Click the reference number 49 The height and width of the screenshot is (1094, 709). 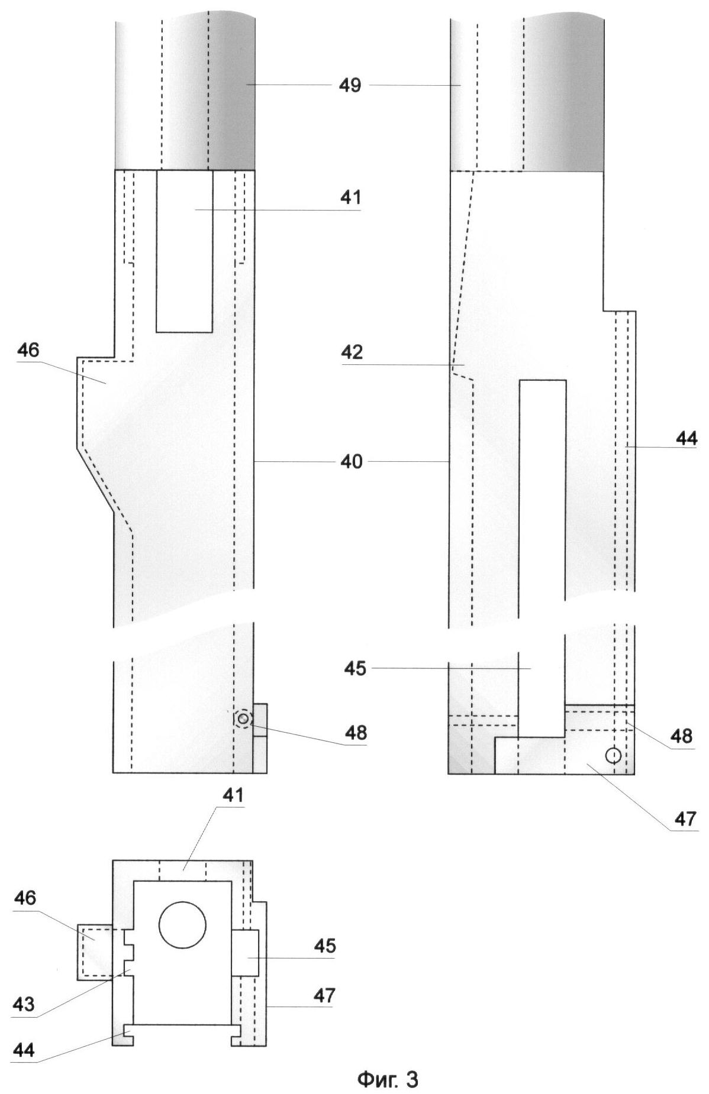(350, 85)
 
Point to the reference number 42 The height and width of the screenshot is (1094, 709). (352, 353)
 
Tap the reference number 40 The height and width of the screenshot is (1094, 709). (351, 461)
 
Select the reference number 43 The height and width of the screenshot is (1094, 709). (24, 1004)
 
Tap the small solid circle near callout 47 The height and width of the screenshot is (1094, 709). (613, 755)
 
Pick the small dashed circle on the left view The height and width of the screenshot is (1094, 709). (243, 719)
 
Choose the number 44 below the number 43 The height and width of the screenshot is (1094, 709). (24, 1050)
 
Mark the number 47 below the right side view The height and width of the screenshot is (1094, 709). (686, 818)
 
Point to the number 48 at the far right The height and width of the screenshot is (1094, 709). (682, 736)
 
